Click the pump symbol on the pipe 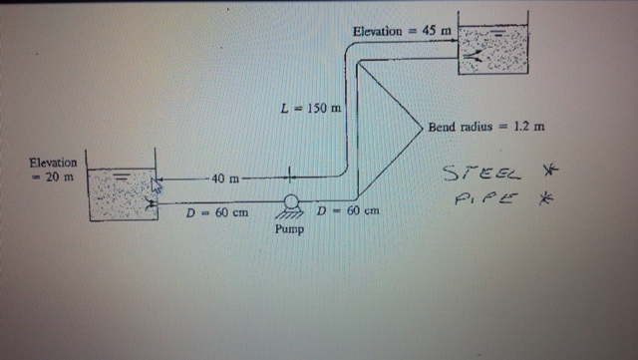pyautogui.click(x=291, y=202)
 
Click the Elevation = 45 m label pyautogui.click(x=402, y=31)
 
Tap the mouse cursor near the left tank pyautogui.click(x=156, y=183)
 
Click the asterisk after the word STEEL pyautogui.click(x=543, y=174)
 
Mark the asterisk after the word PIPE pyautogui.click(x=544, y=198)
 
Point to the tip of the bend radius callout pyautogui.click(x=421, y=127)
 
